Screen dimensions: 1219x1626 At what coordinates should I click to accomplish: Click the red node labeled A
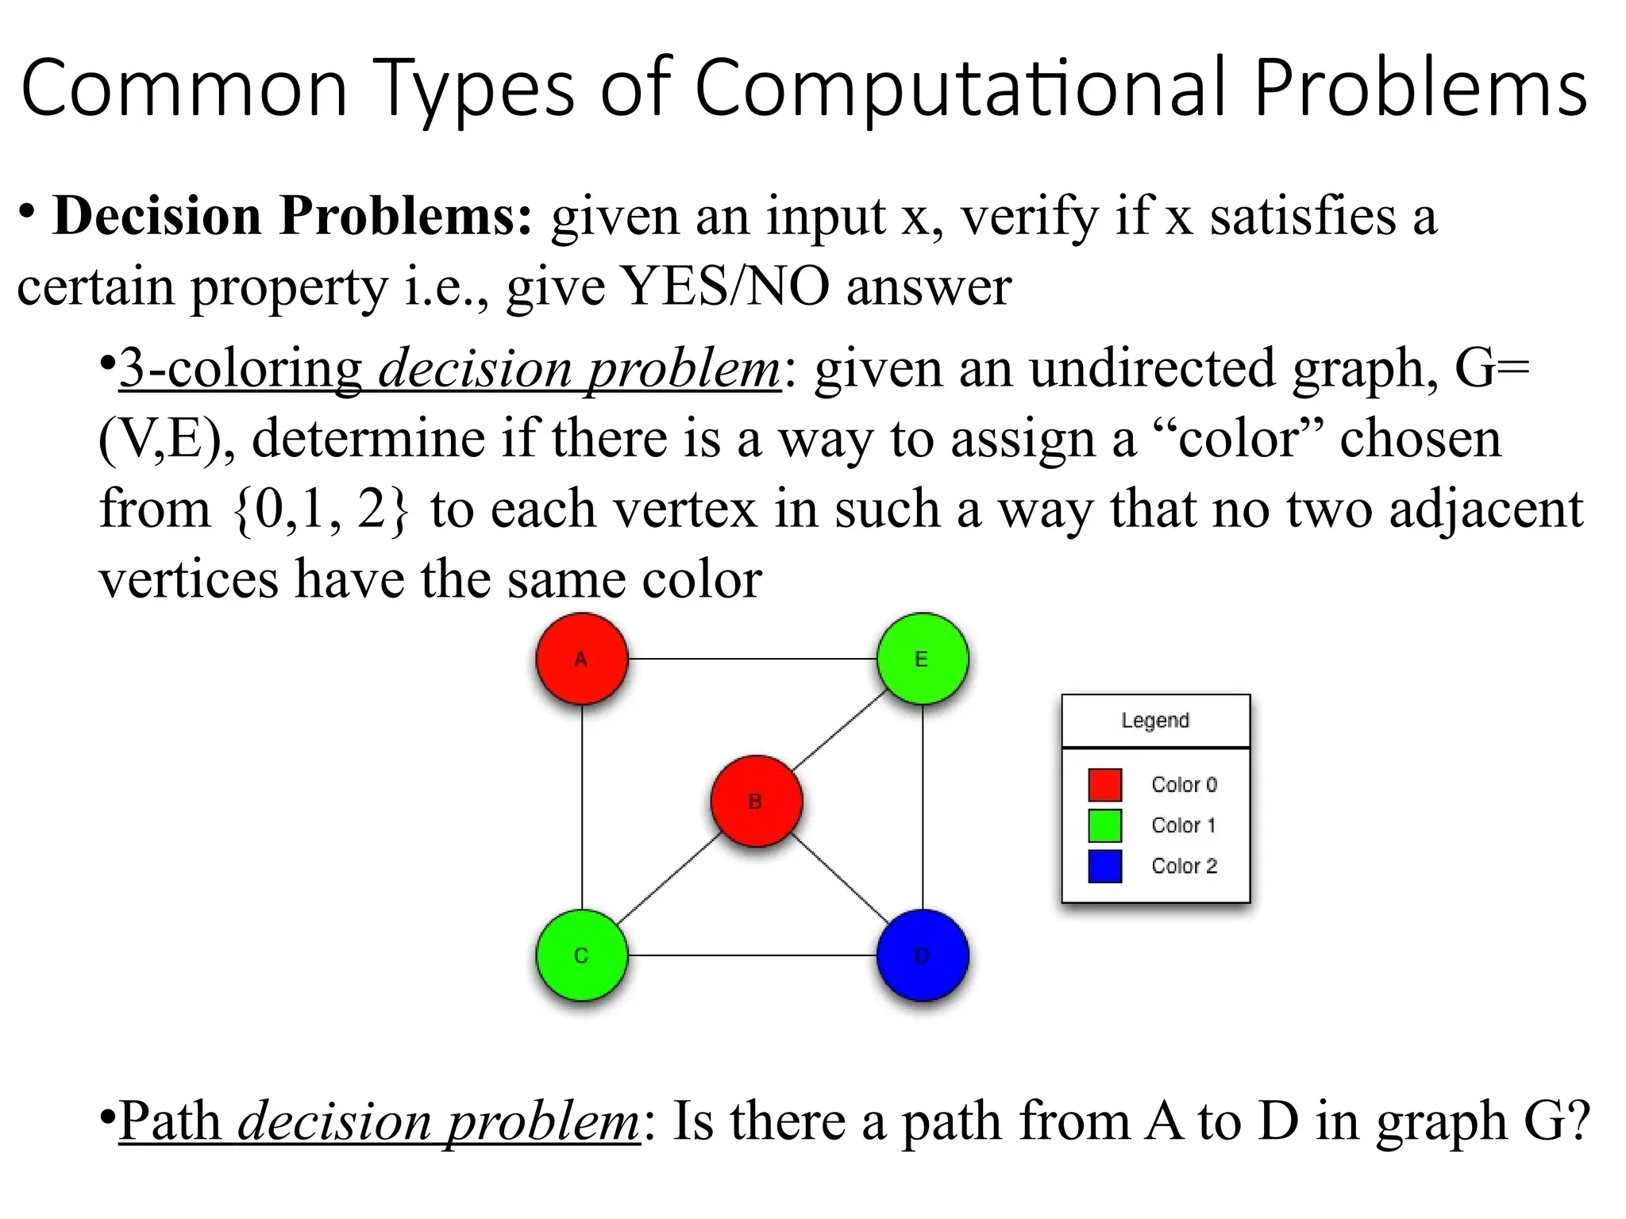581,659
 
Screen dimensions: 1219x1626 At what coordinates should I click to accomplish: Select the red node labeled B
756,801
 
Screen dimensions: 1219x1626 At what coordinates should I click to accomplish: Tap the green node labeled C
581,955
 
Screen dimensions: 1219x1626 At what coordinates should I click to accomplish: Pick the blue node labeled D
922,955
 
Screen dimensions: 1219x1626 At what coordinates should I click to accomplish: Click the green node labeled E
922,659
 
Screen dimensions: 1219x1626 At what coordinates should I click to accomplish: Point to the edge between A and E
751,659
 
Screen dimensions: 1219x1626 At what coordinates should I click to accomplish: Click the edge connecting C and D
751,955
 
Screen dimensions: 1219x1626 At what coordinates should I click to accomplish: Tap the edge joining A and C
582,806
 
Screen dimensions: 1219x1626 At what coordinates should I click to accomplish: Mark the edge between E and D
923,806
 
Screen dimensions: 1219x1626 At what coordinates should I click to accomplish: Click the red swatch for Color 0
1104,785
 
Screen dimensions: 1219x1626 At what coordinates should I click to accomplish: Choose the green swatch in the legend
1104,825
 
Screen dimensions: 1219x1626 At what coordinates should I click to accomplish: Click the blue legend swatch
1104,866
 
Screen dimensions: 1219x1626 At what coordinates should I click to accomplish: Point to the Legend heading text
1155,720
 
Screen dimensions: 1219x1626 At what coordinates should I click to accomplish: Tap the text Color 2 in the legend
1184,866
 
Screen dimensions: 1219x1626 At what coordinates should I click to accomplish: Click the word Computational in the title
964,89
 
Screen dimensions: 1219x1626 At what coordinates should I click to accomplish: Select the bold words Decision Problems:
292,216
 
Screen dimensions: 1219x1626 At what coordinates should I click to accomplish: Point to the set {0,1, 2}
321,510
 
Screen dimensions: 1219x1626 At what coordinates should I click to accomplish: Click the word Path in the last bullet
170,1121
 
